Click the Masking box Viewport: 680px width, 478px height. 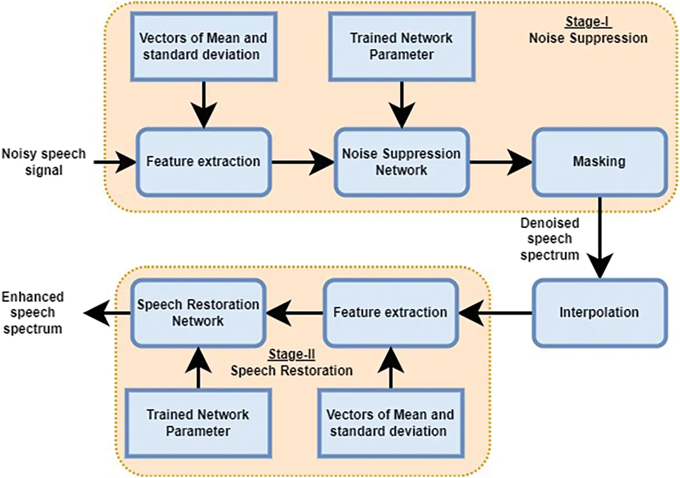pos(599,162)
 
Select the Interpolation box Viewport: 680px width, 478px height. pos(599,313)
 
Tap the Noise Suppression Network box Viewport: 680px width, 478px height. pos(401,162)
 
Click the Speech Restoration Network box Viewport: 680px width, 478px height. pos(198,313)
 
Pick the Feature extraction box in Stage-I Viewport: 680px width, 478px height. pos(204,162)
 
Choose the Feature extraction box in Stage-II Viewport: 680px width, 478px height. pos(390,313)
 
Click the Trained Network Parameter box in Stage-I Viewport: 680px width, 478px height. pos(401,46)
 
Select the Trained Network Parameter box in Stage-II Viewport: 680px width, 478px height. pos(198,423)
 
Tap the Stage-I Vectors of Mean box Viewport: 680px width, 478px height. pos(204,46)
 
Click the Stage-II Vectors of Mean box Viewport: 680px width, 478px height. pos(390,423)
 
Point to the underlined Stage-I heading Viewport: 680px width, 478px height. pos(588,22)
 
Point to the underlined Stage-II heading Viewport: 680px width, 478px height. pos(291,354)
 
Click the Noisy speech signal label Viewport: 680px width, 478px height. pos(44,162)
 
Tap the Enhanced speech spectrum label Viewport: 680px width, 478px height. pos(33,313)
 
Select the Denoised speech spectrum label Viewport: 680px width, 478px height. pos(549,239)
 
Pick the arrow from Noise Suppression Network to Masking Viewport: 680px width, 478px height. pos(500,162)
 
